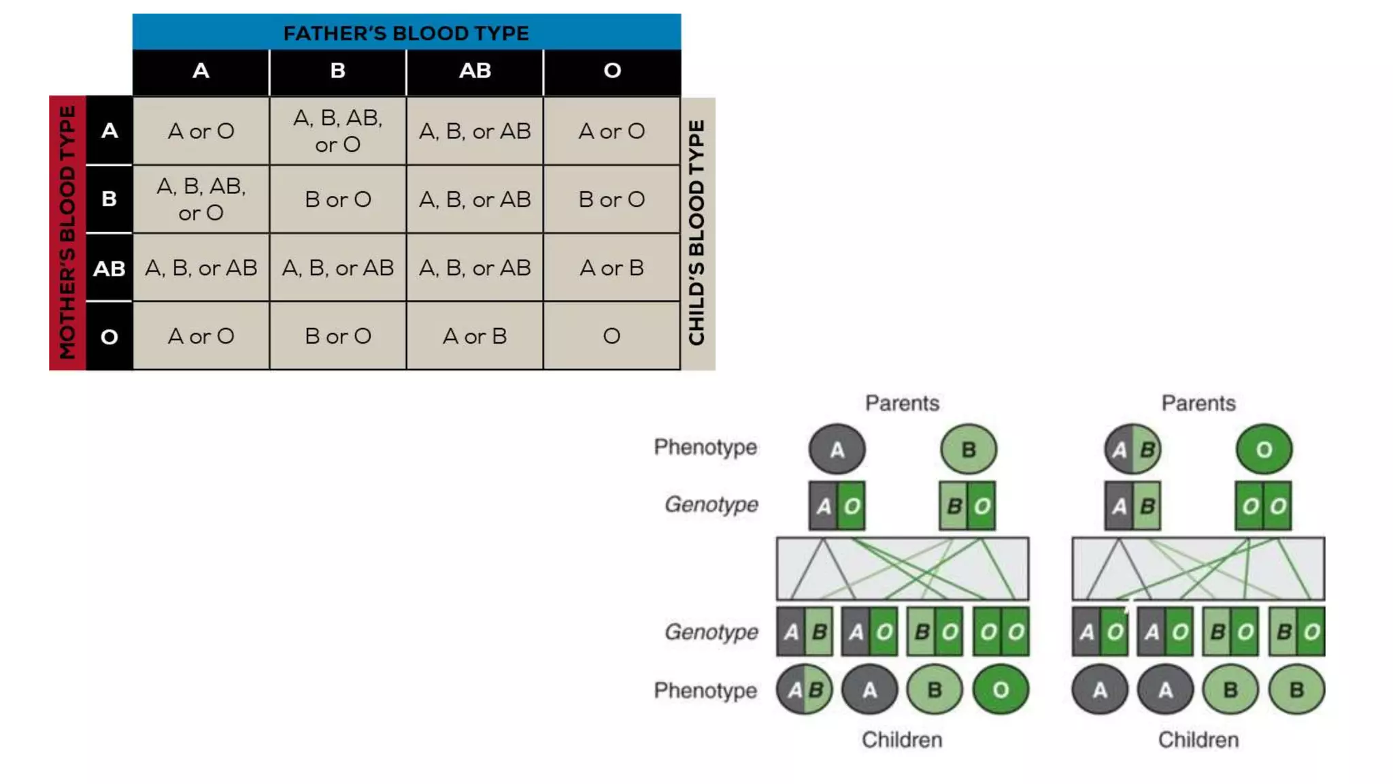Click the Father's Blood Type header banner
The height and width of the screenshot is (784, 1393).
tap(406, 32)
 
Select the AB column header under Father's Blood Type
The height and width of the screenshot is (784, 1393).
tap(475, 71)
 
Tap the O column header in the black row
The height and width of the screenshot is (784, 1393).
tap(611, 71)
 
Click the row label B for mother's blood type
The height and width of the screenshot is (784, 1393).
tap(109, 199)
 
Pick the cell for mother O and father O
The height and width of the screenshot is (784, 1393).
tap(611, 336)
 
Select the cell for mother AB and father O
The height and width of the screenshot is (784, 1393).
tap(611, 267)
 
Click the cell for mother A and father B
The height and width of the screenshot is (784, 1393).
tap(338, 131)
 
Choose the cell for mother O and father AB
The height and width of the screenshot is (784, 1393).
tap(475, 336)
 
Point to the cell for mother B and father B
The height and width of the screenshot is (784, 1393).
tap(338, 199)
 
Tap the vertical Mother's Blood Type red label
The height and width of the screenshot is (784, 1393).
tap(67, 233)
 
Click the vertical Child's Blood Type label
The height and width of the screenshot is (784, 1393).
tap(697, 233)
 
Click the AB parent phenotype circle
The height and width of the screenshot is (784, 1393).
tap(1132, 449)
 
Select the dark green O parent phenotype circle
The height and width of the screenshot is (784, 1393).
tap(1264, 449)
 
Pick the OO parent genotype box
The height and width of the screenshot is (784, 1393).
tap(1263, 506)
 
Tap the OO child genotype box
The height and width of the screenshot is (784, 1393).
tap(1001, 632)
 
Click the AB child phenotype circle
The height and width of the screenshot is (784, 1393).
tap(805, 690)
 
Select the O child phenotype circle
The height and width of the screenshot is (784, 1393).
tap(1001, 690)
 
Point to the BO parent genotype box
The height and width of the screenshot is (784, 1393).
tap(967, 506)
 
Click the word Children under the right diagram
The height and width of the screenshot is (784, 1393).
tap(1198, 740)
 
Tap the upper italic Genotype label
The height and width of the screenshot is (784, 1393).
tap(711, 504)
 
